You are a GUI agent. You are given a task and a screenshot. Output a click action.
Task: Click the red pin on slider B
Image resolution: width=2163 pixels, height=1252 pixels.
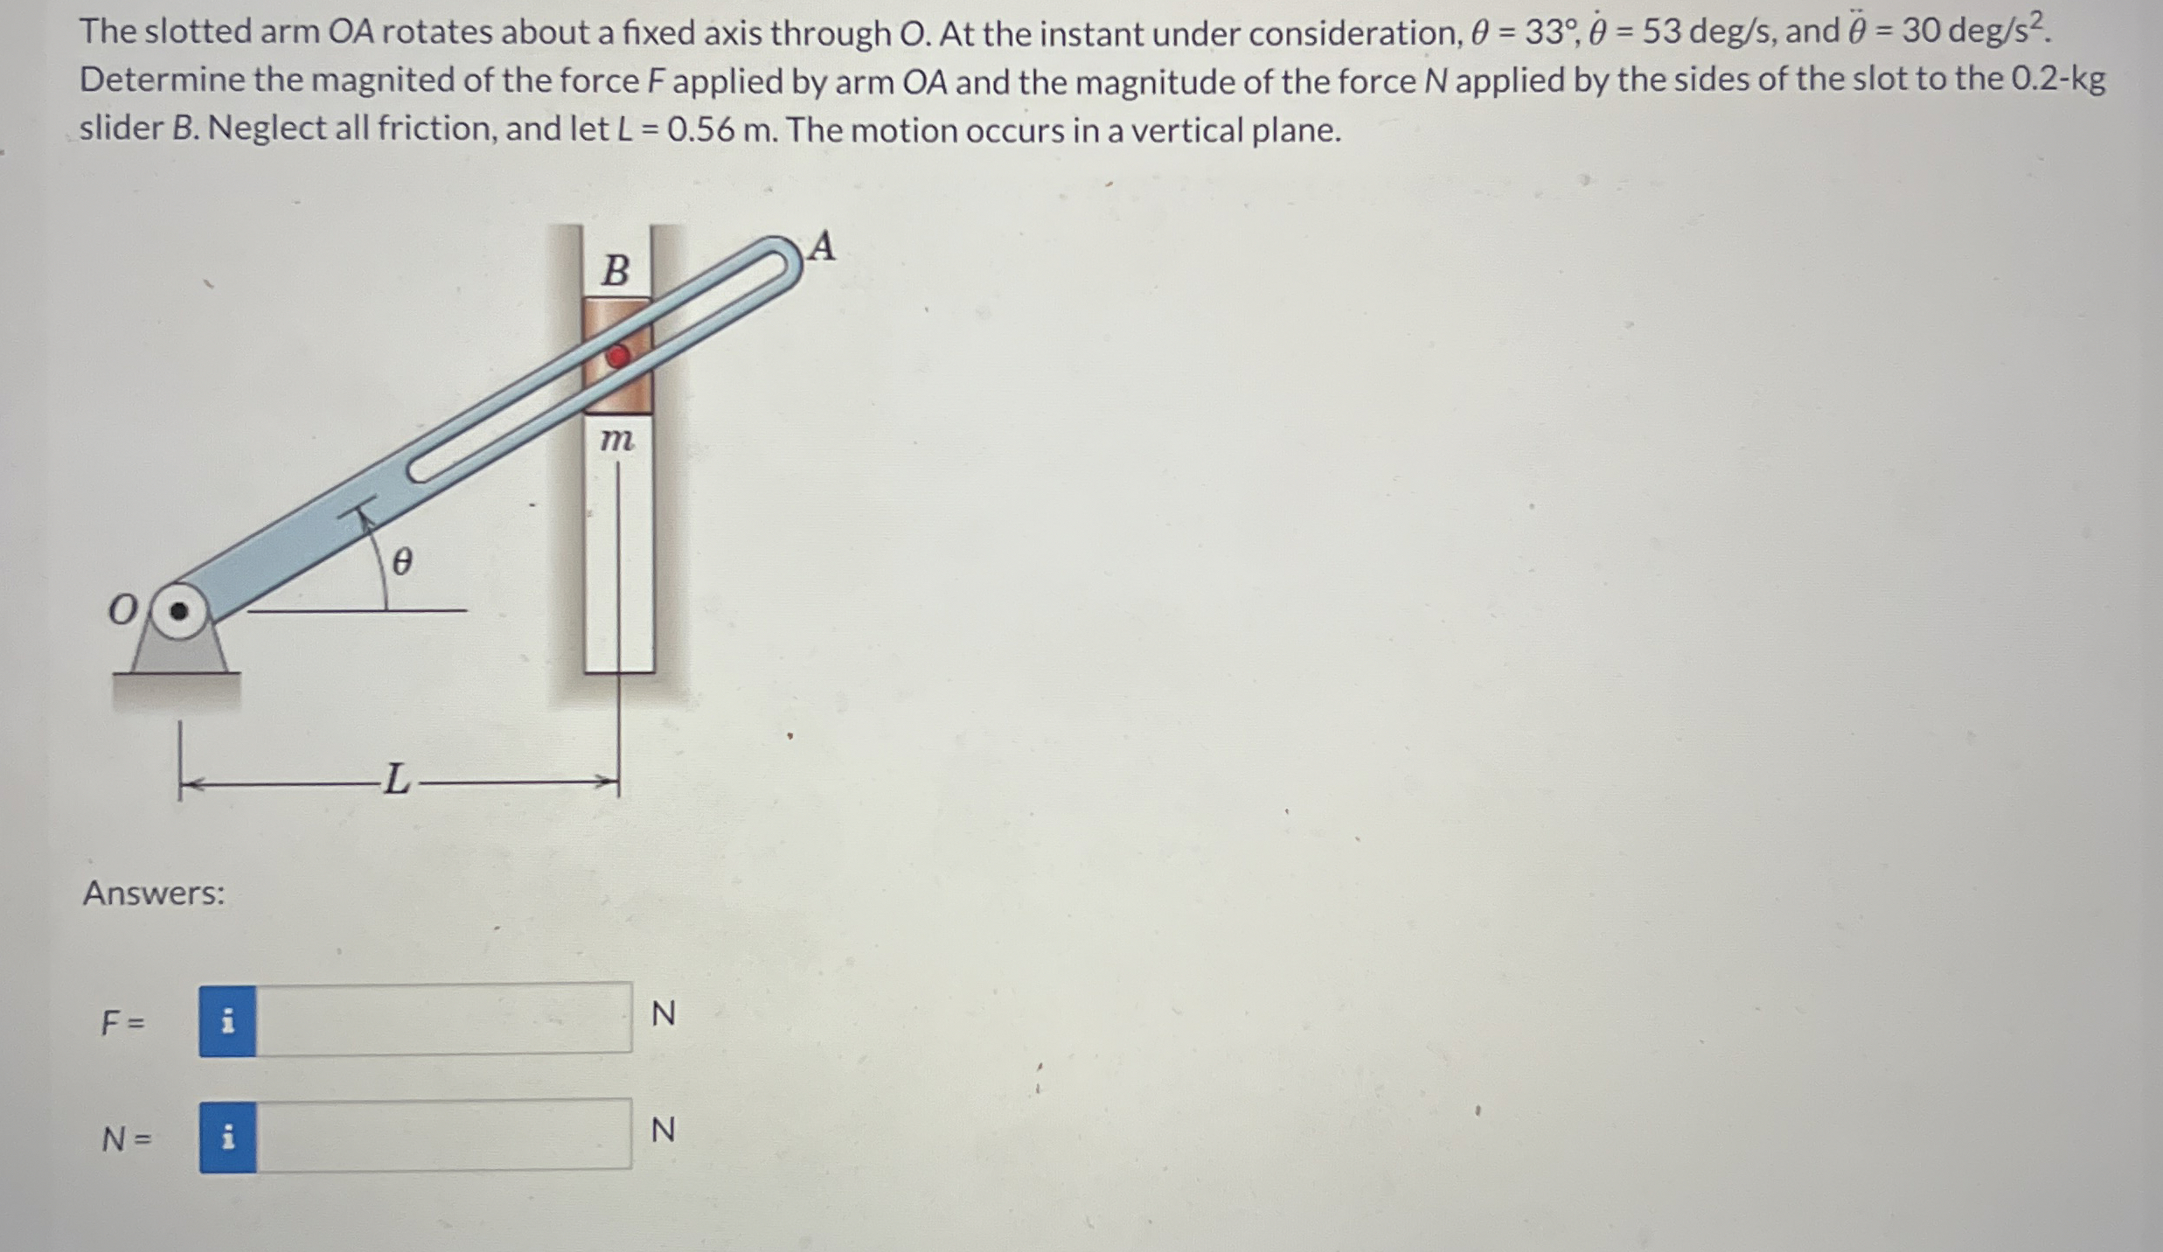(x=618, y=356)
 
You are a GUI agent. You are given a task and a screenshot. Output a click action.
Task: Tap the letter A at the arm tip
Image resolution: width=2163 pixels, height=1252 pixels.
(x=821, y=247)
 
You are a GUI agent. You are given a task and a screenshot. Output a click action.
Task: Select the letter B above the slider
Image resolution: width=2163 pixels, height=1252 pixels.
(x=616, y=270)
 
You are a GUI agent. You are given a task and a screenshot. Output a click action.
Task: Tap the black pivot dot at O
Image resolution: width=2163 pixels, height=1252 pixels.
(x=178, y=611)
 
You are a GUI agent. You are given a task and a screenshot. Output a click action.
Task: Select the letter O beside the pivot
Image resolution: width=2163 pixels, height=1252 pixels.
(x=122, y=610)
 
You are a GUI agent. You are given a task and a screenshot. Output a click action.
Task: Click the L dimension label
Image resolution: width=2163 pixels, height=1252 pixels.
(x=397, y=779)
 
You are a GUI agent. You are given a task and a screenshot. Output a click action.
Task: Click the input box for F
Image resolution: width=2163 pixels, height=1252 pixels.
(x=443, y=1019)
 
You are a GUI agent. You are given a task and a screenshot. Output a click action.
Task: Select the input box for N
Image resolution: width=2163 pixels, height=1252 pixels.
(x=443, y=1136)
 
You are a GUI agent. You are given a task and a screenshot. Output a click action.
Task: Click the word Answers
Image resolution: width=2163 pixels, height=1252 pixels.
(x=154, y=894)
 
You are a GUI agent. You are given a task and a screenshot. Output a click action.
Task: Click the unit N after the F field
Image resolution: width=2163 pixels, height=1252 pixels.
(x=664, y=1014)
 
